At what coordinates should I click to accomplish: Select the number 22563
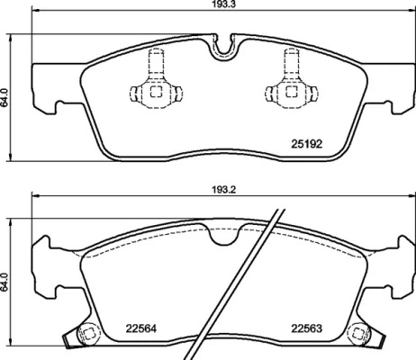pos(305,329)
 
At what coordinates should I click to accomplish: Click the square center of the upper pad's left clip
pos(155,90)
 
